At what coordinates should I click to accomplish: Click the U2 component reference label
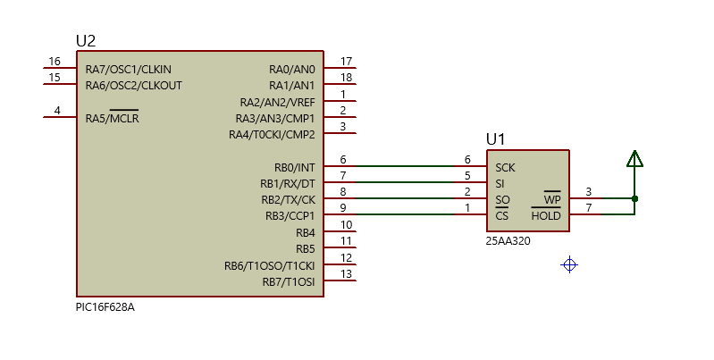86,41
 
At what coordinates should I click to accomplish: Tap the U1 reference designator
495,139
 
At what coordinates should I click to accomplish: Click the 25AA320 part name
508,240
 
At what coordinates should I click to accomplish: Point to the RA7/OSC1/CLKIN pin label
128,70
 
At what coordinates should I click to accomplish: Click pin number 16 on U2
55,62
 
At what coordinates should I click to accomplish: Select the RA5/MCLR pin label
112,118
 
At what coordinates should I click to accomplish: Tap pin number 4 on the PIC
57,111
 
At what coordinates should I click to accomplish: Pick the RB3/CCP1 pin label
290,216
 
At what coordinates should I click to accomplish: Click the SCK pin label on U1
505,167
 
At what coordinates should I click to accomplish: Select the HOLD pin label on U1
545,216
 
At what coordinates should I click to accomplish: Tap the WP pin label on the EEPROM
551,199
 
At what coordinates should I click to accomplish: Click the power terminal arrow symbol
634,159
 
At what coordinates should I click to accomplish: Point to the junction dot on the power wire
634,198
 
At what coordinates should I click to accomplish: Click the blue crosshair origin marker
569,264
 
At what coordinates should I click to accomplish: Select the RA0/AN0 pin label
291,70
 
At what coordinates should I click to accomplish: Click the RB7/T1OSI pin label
288,281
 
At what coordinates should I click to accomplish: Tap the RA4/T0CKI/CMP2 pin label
272,135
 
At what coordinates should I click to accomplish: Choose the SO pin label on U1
502,199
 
